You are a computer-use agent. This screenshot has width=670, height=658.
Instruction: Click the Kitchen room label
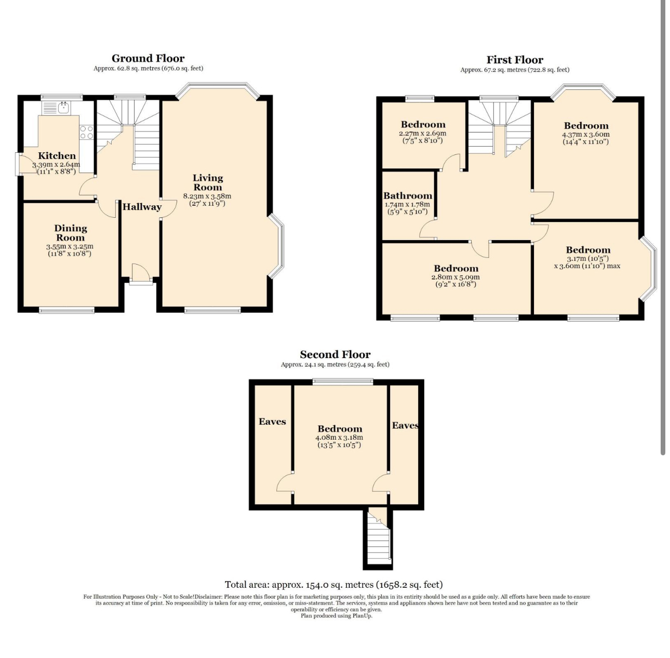[x=57, y=156]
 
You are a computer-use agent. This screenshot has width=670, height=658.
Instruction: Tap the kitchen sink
[x=56, y=108]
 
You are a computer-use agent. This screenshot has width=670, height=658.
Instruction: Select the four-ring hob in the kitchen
[x=87, y=132]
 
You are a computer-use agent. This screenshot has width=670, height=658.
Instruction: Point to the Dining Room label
[x=71, y=233]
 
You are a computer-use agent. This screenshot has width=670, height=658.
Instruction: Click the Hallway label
[x=142, y=207]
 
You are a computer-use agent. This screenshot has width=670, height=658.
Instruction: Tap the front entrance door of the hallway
[x=141, y=273]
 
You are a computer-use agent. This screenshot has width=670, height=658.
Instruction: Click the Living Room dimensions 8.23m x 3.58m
[x=207, y=196]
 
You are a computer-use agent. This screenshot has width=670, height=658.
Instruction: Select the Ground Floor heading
[x=148, y=58]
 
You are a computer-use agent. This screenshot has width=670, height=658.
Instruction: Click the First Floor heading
[x=515, y=60]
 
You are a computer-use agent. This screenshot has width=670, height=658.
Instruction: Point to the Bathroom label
[x=408, y=196]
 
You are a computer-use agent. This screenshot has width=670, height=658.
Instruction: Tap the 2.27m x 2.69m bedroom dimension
[x=422, y=133]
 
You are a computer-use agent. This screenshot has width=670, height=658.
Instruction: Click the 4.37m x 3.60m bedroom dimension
[x=586, y=134]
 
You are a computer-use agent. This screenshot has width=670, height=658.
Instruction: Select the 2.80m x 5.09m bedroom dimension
[x=456, y=278]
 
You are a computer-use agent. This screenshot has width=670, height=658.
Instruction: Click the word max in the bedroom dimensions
[x=613, y=266]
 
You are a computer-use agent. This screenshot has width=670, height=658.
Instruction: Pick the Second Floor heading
[x=335, y=354]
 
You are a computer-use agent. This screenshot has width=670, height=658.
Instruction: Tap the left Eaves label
[x=272, y=422]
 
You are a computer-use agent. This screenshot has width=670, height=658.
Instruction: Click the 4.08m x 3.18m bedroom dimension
[x=339, y=438]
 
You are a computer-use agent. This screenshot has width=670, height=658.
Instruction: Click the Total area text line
[x=334, y=585]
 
